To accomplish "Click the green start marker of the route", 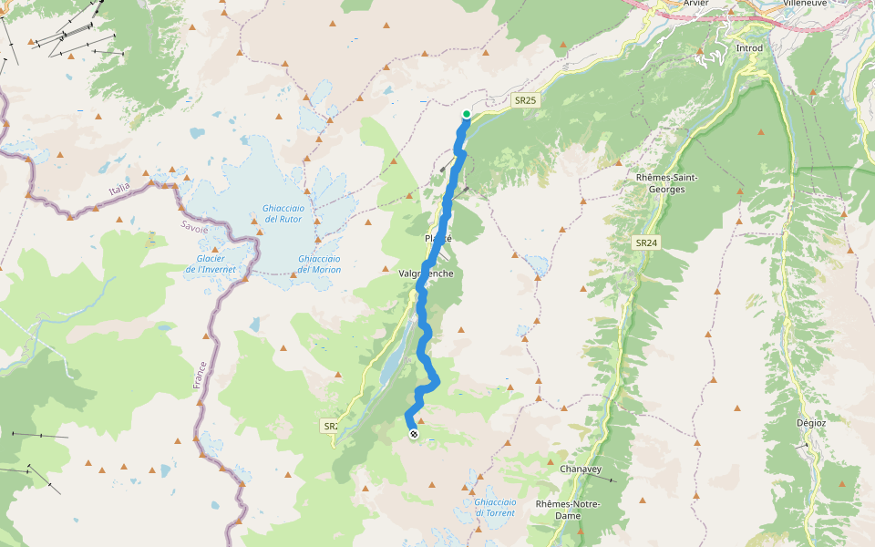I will (467, 114).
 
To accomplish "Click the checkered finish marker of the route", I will (414, 435).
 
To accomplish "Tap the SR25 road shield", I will (523, 99).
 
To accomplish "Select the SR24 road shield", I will (646, 243).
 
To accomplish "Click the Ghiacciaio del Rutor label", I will (283, 213).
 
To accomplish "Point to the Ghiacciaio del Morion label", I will (319, 264).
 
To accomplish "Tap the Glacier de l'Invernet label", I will (211, 264).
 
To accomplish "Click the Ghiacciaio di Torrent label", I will (495, 507).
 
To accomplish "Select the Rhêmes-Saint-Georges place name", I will (667, 183).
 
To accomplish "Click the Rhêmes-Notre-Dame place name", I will (567, 510).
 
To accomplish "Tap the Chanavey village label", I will (581, 470).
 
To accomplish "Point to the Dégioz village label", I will (810, 423).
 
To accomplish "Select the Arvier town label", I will (695, 3).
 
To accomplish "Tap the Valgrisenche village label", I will (426, 273).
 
